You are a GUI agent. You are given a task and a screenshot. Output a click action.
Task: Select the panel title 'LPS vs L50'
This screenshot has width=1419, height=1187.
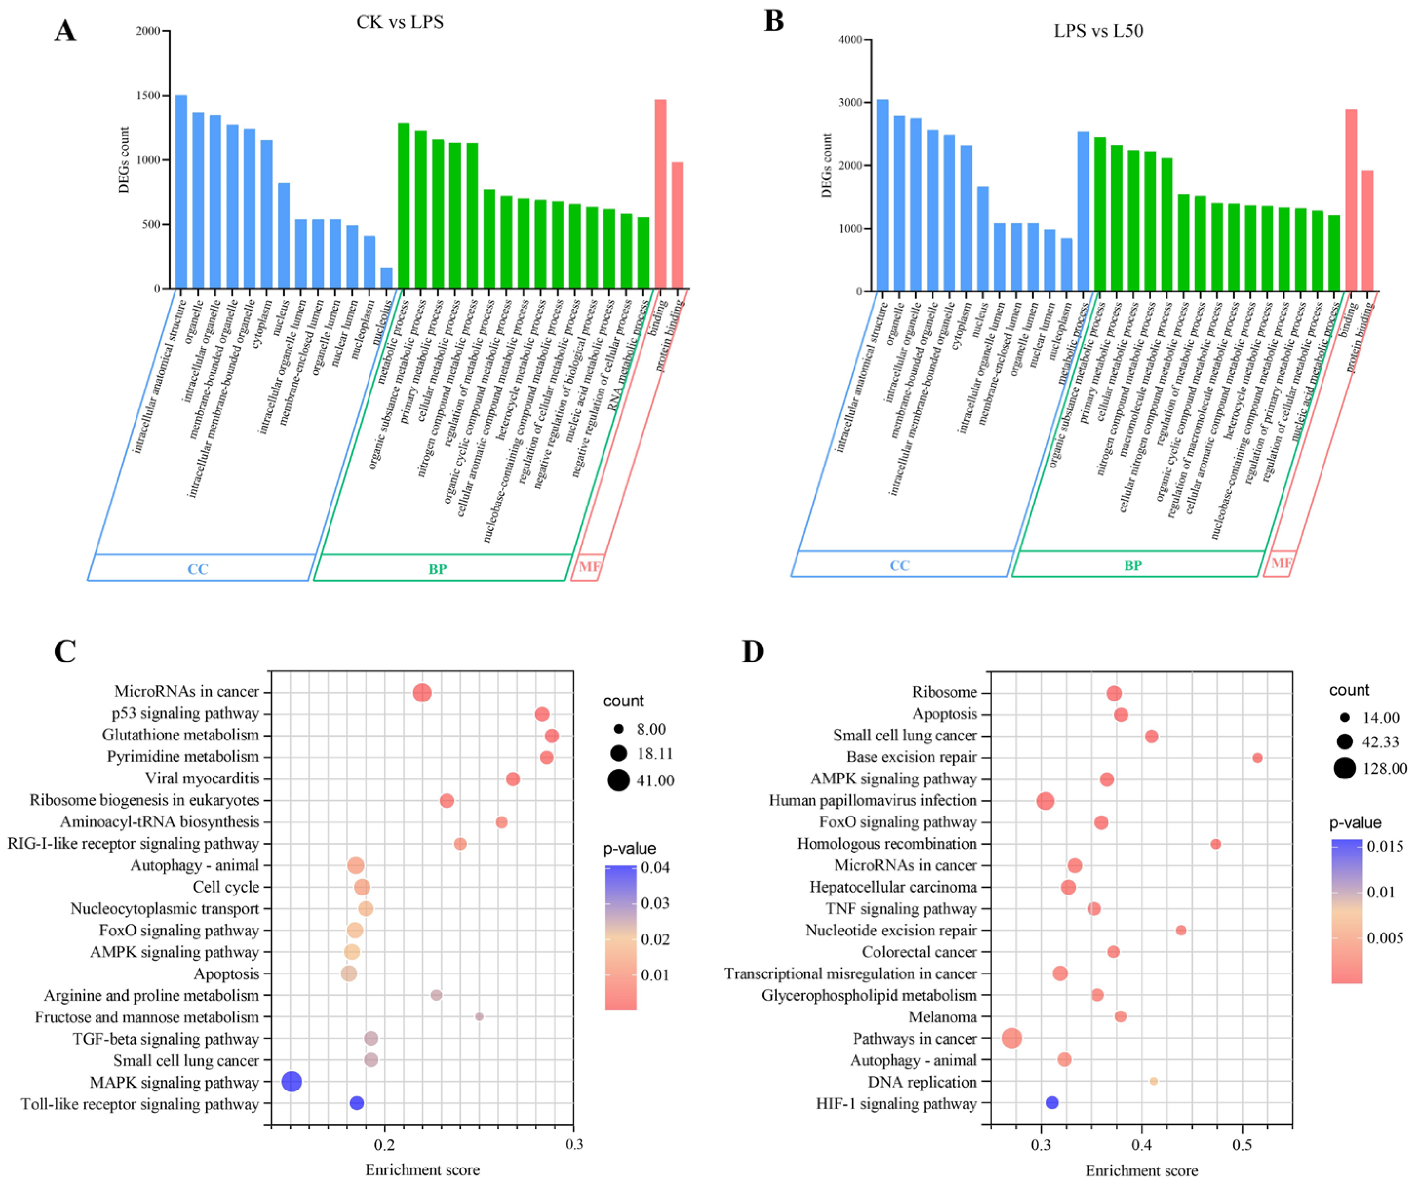[1098, 31]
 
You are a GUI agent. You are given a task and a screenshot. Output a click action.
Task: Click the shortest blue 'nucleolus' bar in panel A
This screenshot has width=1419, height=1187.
[387, 278]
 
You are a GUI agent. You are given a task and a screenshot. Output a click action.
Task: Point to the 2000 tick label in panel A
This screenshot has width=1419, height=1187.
[148, 31]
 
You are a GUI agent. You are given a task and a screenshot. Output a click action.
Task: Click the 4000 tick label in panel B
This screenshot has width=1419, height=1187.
[850, 40]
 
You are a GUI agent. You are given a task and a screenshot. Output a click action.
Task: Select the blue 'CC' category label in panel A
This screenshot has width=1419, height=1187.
[197, 569]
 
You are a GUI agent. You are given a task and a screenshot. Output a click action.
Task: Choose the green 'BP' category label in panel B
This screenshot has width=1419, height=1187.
[1132, 565]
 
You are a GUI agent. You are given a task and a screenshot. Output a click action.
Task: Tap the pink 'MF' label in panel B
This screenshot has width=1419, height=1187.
[1281, 563]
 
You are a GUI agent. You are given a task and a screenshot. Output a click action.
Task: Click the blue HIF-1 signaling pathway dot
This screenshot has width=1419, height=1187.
[1052, 1103]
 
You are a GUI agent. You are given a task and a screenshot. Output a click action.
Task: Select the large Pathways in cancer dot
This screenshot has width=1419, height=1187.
[1011, 1038]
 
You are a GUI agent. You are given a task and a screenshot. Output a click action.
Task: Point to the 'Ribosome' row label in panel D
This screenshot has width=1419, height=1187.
[944, 692]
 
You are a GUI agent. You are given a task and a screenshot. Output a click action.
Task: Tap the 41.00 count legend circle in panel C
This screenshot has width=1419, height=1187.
[618, 780]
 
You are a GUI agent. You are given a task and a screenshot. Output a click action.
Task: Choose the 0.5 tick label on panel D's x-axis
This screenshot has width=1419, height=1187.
[1242, 1145]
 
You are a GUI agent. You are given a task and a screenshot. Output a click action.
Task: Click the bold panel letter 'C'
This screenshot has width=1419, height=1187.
[65, 651]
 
